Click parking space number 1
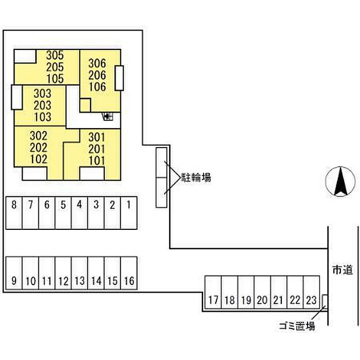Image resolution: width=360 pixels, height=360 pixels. (x=129, y=205)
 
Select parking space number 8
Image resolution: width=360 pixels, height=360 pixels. (x=14, y=205)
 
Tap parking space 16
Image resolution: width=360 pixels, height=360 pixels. (x=129, y=281)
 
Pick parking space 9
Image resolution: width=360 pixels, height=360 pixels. (x=14, y=281)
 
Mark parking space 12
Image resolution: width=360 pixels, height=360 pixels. (x=63, y=281)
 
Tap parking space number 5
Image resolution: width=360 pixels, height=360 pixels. (x=63, y=205)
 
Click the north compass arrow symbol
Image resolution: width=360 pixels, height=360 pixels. (x=340, y=182)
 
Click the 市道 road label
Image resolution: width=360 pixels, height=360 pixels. (x=341, y=269)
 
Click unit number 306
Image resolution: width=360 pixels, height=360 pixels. (x=97, y=64)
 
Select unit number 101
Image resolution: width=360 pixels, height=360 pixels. (x=97, y=160)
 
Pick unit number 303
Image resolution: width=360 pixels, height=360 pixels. (x=43, y=94)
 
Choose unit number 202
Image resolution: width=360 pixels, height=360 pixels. (x=39, y=148)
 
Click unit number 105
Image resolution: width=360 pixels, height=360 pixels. (x=54, y=79)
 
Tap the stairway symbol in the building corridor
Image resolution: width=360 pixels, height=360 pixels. (x=108, y=117)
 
